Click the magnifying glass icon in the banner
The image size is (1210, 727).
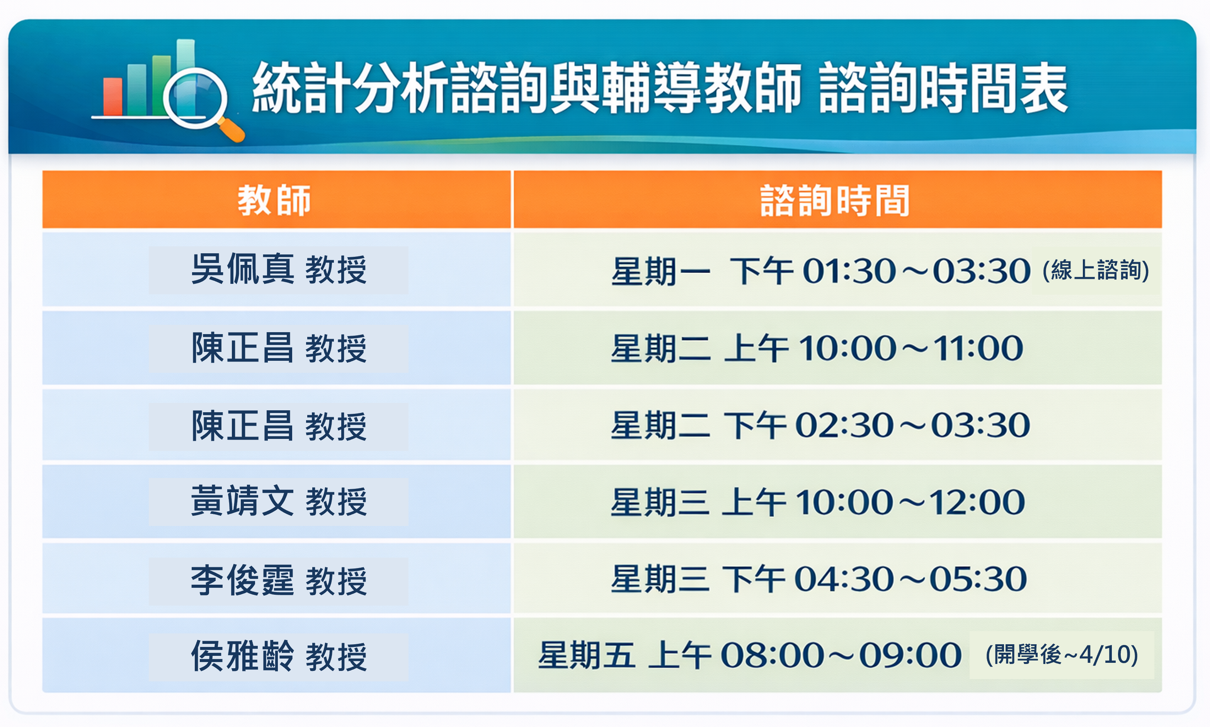click(195, 98)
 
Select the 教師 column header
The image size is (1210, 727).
click(275, 200)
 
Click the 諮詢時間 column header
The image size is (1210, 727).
click(835, 200)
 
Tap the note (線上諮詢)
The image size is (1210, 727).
click(1096, 270)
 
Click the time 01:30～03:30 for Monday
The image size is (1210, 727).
click(916, 271)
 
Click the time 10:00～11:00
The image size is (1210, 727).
click(911, 348)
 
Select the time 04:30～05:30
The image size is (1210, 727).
click(910, 579)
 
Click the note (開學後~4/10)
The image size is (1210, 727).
click(1061, 655)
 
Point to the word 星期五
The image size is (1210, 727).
click(586, 655)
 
